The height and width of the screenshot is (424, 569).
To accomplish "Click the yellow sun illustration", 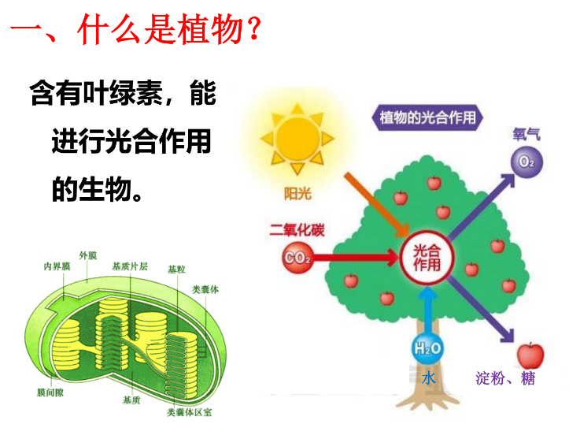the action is click(297, 139).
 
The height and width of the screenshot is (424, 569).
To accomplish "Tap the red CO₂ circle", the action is click(297, 258).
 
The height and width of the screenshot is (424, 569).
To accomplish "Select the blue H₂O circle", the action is click(427, 348).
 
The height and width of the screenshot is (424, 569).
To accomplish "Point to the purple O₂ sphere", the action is click(527, 162).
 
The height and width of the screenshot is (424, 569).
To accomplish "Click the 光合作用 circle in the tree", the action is click(427, 258).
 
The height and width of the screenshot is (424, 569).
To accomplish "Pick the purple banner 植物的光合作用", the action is click(427, 117).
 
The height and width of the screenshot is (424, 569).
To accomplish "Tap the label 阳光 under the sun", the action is click(297, 194).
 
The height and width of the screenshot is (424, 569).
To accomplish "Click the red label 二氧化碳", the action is click(297, 230).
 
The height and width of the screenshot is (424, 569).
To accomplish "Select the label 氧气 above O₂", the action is click(527, 135).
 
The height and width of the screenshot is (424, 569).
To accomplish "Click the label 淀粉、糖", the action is click(505, 378).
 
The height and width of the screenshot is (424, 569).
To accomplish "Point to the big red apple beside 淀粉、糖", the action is click(530, 355).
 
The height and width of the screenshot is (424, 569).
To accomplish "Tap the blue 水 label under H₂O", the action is click(428, 378).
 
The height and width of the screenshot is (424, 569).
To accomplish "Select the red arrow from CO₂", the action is click(356, 258).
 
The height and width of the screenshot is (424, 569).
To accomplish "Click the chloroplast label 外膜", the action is click(88, 256).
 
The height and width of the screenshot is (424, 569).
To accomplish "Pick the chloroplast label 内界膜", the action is click(57, 266).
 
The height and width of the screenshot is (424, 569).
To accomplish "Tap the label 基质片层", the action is click(130, 266).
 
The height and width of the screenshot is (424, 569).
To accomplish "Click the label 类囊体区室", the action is click(189, 412).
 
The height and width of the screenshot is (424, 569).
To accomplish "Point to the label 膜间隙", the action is click(50, 392).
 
